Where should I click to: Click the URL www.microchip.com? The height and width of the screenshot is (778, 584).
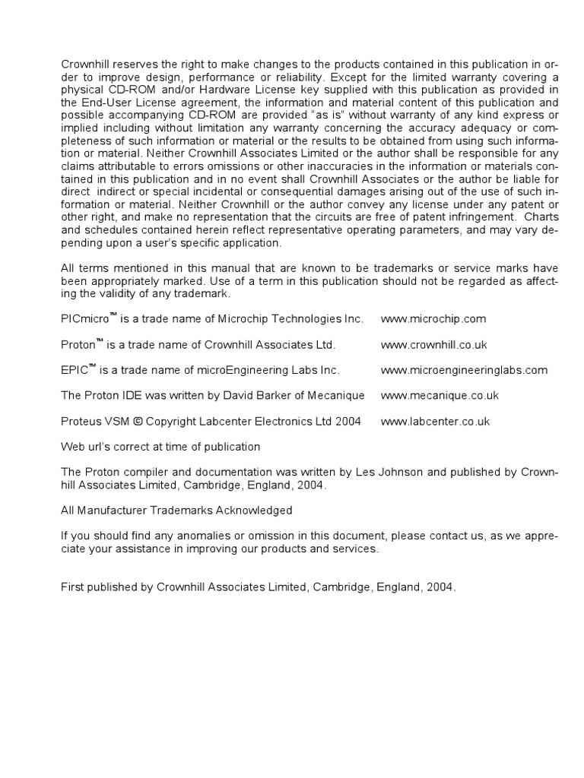[433, 319]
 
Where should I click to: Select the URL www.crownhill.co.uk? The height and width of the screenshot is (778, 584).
[433, 345]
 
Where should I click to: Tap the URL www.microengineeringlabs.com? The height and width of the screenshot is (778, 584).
[464, 371]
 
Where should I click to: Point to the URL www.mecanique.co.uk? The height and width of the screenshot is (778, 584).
[440, 396]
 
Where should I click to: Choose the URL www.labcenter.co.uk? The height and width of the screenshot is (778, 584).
[435, 422]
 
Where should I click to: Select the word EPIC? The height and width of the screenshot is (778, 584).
[74, 371]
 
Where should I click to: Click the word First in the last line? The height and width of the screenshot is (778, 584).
[72, 587]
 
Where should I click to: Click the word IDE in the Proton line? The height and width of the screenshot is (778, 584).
[131, 396]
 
